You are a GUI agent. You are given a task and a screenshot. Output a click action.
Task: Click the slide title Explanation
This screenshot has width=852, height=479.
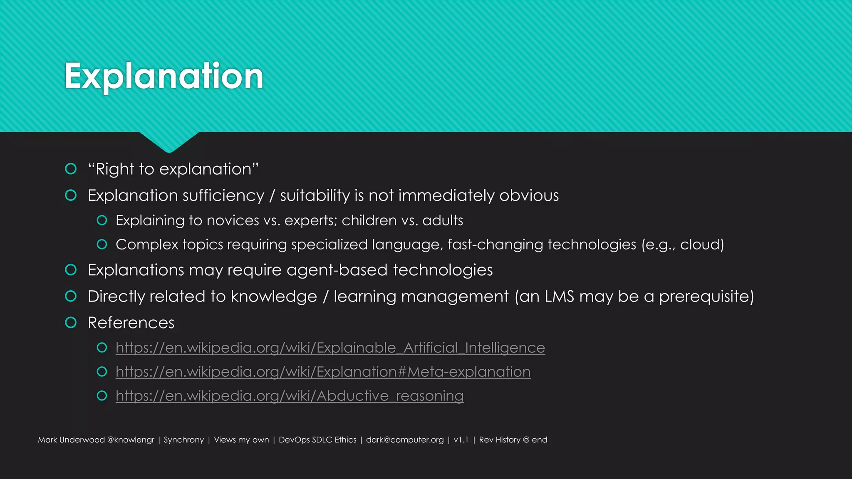tap(164, 76)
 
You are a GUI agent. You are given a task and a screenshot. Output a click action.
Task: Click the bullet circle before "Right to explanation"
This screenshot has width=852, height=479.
tap(71, 169)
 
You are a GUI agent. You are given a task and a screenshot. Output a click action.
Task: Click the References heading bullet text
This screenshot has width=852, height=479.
tap(131, 323)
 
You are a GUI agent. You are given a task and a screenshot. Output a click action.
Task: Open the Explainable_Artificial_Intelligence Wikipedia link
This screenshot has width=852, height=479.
tap(330, 348)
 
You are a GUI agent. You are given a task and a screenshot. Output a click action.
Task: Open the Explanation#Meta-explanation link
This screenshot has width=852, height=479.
tap(323, 372)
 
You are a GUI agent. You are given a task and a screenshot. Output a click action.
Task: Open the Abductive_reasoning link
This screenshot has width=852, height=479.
tap(290, 396)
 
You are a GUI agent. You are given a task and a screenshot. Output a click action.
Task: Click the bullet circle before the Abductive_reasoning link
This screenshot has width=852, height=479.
tap(102, 396)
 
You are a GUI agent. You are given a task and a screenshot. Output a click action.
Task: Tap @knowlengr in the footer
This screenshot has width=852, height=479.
tap(131, 440)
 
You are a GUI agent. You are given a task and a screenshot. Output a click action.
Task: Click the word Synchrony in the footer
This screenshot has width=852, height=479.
tap(184, 440)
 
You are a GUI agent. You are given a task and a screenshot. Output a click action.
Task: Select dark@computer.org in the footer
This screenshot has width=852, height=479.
tap(405, 440)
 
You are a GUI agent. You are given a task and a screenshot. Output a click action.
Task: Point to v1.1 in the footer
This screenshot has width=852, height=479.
tap(461, 440)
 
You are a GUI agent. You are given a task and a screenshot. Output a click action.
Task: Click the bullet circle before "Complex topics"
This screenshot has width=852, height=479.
tap(102, 244)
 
